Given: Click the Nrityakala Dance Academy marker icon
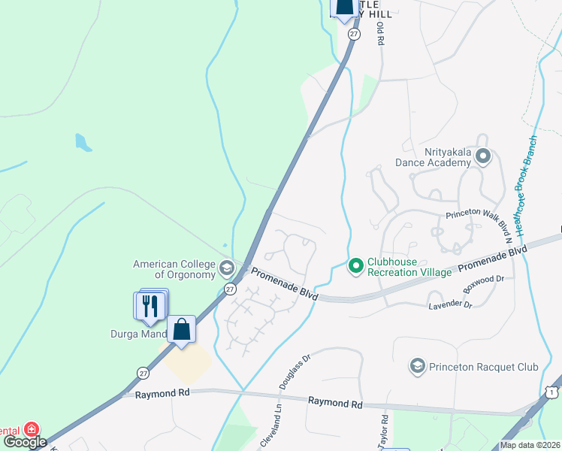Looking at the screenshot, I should (x=482, y=156).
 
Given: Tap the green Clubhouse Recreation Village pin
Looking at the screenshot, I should (x=356, y=265).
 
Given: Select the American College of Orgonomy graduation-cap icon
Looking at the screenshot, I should (x=226, y=268).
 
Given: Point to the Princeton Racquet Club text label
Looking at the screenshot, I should (x=484, y=367).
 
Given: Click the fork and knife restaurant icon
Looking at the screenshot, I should (x=150, y=305).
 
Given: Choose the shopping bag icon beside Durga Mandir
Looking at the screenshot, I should (x=181, y=329).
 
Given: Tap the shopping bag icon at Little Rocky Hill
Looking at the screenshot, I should (x=344, y=7).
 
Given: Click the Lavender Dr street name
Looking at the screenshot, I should (x=449, y=305).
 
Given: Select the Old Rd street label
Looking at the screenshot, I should (x=381, y=34).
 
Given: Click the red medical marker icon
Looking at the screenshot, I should (x=32, y=428).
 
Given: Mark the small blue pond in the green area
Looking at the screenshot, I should (x=83, y=142).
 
